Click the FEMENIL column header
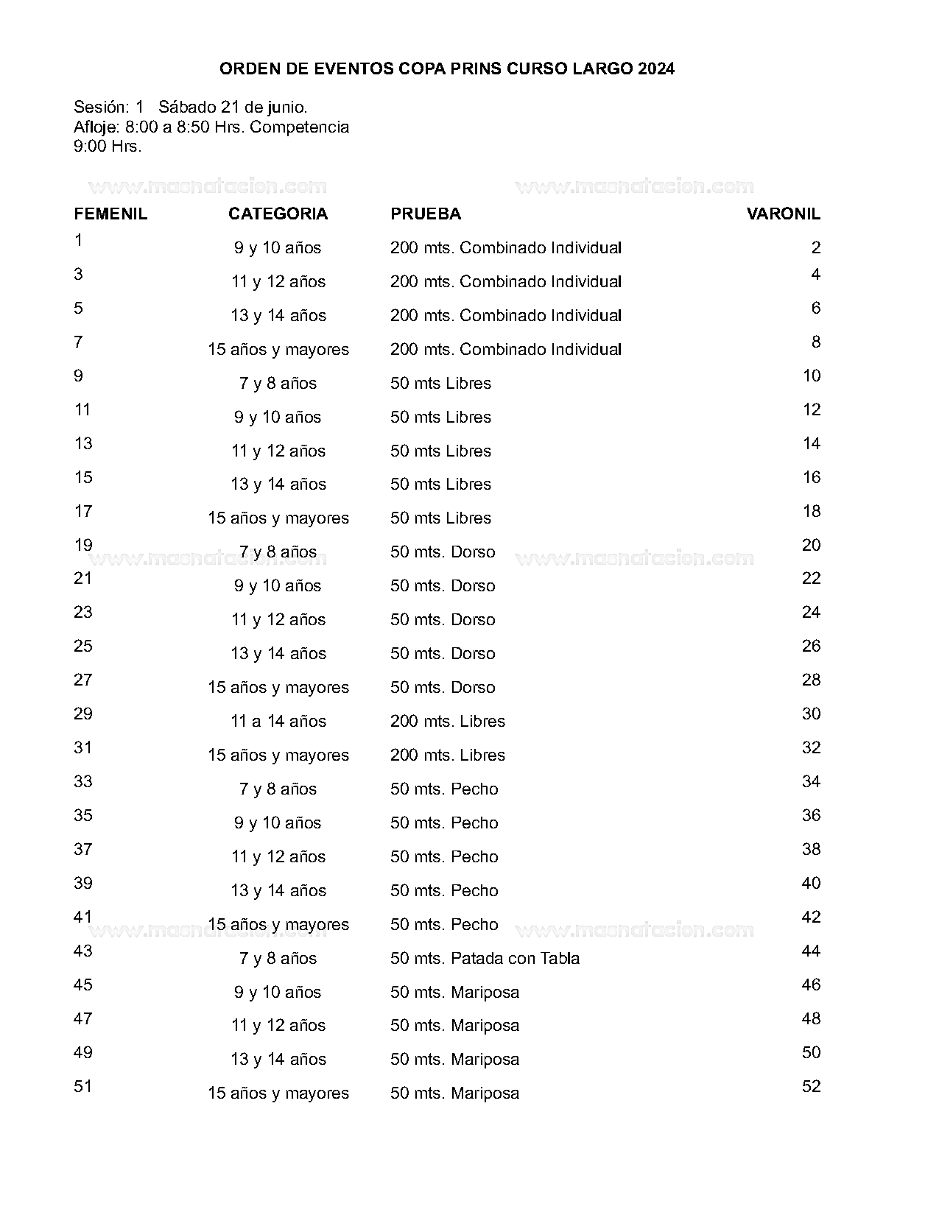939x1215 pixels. tap(110, 214)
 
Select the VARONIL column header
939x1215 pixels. tap(783, 214)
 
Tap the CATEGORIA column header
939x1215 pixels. tap(278, 214)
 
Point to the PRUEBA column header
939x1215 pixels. tap(426, 214)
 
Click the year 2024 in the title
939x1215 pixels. tap(656, 69)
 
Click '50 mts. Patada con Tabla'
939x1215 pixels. tap(485, 958)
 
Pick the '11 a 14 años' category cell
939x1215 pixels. tap(278, 721)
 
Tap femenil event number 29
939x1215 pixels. tap(83, 714)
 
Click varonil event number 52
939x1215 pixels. tap(811, 1086)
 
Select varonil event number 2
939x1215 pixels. tap(815, 247)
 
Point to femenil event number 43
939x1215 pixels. tap(83, 951)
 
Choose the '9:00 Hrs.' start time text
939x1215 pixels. tap(108, 146)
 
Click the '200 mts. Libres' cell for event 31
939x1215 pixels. tap(448, 755)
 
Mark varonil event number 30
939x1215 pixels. tap(811, 714)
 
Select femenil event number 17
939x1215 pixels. tap(83, 511)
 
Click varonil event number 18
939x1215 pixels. tap(811, 511)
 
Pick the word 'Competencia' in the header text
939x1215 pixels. tap(299, 127)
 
